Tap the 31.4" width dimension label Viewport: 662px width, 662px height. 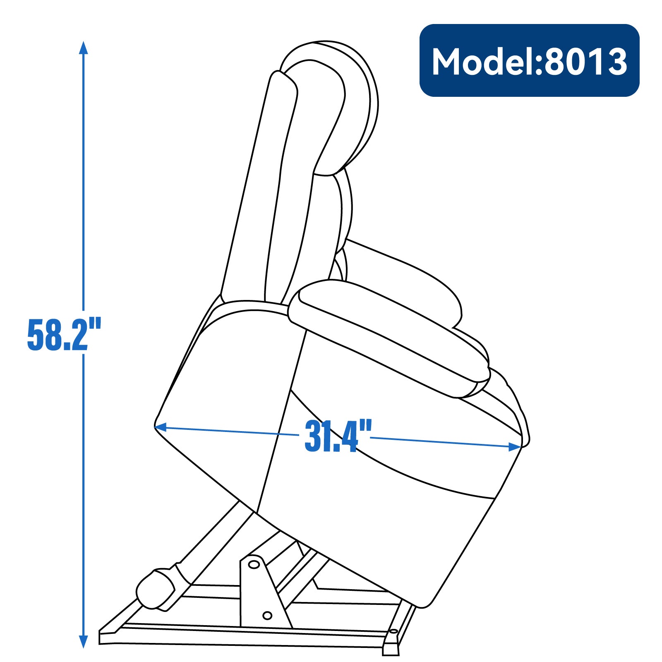coord(338,437)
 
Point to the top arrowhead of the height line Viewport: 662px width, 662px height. coord(84,47)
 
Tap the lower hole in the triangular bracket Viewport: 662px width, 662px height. coord(267,616)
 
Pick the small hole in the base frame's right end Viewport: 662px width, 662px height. coord(393,632)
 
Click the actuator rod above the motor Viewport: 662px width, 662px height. coord(215,538)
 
